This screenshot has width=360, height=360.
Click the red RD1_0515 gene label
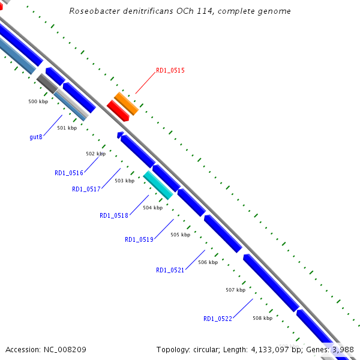coord(170,70)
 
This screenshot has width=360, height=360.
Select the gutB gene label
coord(35,137)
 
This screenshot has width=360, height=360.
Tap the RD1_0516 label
coord(68,173)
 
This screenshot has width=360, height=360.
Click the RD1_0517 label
coord(86,190)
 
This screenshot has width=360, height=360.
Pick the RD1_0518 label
coord(113,216)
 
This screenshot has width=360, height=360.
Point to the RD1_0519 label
coord(139,240)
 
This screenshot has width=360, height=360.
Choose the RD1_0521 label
coord(170,270)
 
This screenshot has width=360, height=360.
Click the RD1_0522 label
coord(217,319)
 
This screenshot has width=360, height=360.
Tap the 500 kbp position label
coord(38,101)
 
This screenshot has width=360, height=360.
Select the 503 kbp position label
coord(124,181)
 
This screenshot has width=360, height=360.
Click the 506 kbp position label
coord(208,262)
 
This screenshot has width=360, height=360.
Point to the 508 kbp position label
coord(262,318)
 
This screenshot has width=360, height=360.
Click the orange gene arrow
coord(126,103)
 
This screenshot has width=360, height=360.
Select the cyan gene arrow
coord(158,184)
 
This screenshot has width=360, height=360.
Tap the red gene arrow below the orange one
coord(118,110)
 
